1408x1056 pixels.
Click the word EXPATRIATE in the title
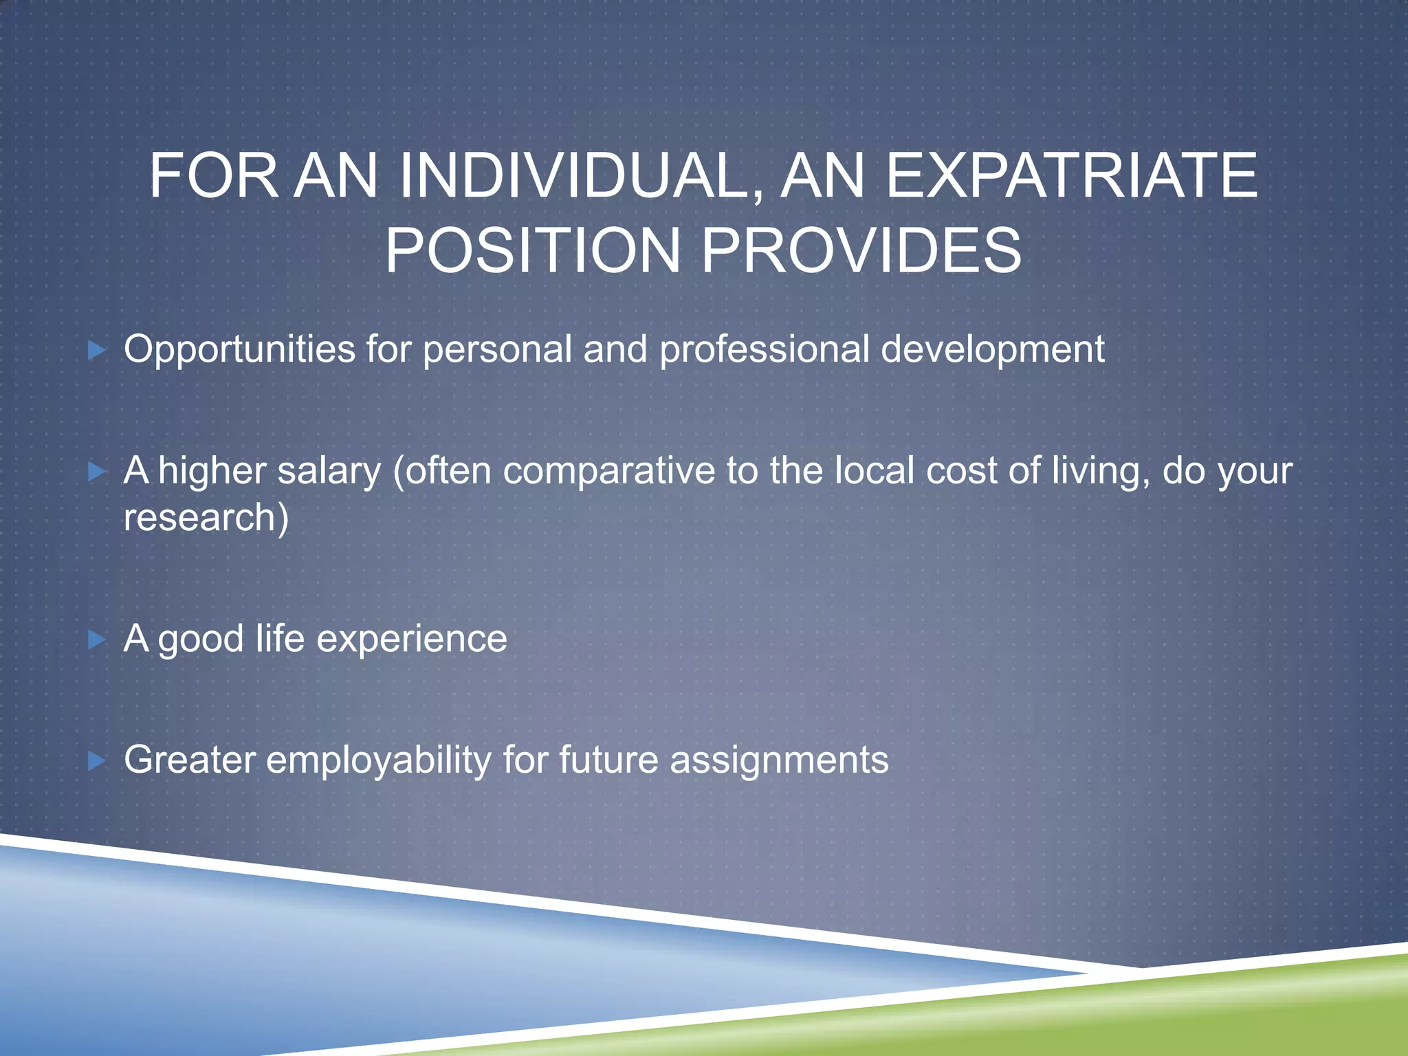[x=1071, y=176]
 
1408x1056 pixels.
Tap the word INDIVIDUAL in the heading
[x=579, y=176]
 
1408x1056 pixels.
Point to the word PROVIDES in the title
[x=861, y=250]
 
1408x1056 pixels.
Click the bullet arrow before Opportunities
[x=97, y=351]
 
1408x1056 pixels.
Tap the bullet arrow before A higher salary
[x=97, y=472]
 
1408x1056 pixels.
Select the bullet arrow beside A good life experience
[x=97, y=640]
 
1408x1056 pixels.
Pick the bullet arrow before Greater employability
[x=97, y=761]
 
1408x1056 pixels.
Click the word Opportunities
[x=239, y=349]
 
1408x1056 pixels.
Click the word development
[x=993, y=349]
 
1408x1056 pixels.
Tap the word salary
[x=329, y=472]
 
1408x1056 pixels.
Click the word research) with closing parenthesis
[x=206, y=517]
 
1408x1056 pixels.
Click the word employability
[x=378, y=760]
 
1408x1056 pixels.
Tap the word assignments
[x=779, y=760]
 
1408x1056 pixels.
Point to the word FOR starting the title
[x=213, y=176]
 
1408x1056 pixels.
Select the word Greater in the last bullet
[x=190, y=760]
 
